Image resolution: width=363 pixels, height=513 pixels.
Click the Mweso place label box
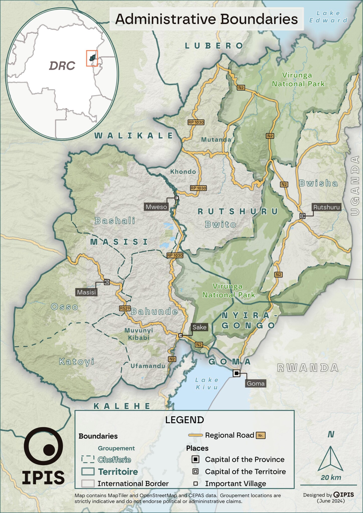pyautogui.click(x=156, y=207)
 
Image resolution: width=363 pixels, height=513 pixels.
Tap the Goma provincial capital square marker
pyautogui.click(x=236, y=373)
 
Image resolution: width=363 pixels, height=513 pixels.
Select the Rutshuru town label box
pyautogui.click(x=326, y=207)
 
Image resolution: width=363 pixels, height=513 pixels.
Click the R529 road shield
pyautogui.click(x=125, y=308)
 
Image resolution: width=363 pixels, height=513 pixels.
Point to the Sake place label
pyautogui.click(x=199, y=327)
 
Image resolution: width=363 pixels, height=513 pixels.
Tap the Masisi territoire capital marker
pyautogui.click(x=107, y=282)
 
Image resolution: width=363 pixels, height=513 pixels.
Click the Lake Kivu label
pyautogui.click(x=207, y=383)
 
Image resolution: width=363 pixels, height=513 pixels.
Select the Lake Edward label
pyautogui.click(x=328, y=17)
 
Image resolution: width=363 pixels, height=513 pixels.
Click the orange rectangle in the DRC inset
pyautogui.click(x=92, y=58)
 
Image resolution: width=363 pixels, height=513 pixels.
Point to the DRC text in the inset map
pyautogui.click(x=62, y=66)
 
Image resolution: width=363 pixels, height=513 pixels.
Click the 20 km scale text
pyautogui.click(x=331, y=477)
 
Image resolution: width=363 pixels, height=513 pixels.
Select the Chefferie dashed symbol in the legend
pyautogui.click(x=88, y=459)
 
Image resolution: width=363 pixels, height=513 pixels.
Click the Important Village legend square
pyautogui.click(x=195, y=483)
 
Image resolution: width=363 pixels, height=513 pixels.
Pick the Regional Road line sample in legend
pyautogui.click(x=195, y=435)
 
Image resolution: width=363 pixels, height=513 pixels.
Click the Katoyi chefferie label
pyautogui.click(x=76, y=362)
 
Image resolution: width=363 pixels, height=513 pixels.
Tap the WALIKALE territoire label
pyautogui.click(x=133, y=136)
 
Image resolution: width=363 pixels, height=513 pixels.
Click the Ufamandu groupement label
pyautogui.click(x=148, y=366)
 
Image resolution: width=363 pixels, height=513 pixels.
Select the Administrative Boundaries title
pyautogui.click(x=206, y=19)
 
